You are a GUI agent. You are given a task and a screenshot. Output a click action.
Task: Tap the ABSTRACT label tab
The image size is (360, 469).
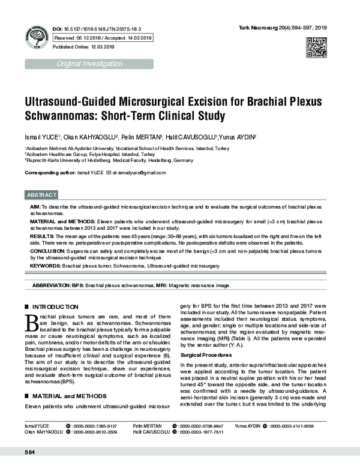point(42,196)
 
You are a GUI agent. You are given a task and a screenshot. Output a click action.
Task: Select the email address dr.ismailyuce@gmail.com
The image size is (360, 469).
point(139,173)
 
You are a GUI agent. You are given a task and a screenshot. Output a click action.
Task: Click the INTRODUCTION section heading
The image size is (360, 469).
point(57,306)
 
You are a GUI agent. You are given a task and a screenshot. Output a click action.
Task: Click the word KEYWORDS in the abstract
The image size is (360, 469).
point(44,264)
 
